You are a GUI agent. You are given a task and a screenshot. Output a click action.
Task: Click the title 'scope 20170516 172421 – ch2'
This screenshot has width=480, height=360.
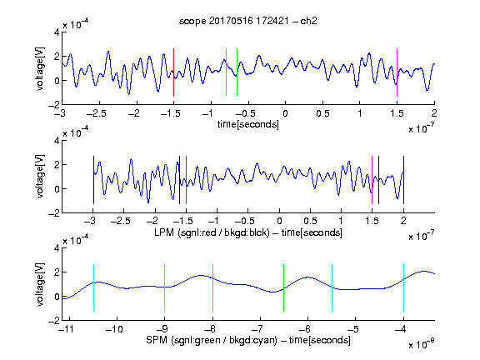pyautogui.click(x=248, y=21)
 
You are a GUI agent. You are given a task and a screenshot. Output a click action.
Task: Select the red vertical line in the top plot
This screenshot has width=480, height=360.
pyautogui.click(x=173, y=72)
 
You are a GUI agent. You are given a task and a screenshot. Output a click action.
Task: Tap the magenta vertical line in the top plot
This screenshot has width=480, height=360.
pyautogui.click(x=397, y=72)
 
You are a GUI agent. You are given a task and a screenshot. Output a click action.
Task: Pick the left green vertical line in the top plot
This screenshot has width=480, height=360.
pyautogui.click(x=226, y=72)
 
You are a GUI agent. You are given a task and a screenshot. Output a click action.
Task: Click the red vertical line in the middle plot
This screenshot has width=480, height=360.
pyautogui.click(x=186, y=180)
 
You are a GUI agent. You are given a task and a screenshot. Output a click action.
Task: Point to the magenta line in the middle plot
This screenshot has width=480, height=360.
pyautogui.click(x=372, y=180)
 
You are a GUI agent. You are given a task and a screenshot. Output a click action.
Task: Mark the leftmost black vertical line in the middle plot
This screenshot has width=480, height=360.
pyautogui.click(x=93, y=180)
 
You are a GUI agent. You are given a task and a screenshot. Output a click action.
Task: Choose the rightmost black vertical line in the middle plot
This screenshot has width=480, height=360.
pyautogui.click(x=403, y=180)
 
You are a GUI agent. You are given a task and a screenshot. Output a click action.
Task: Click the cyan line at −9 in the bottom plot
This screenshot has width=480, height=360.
pyautogui.click(x=164, y=287)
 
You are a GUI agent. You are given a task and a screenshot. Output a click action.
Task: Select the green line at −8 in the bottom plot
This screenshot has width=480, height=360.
pyautogui.click(x=212, y=287)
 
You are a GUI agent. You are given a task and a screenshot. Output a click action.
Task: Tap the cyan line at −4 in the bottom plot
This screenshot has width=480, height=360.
pyautogui.click(x=403, y=287)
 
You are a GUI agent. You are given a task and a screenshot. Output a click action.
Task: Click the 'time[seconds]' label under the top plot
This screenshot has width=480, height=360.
pyautogui.click(x=248, y=125)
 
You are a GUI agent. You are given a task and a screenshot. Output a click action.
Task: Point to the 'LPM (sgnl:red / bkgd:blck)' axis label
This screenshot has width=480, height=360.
pyautogui.click(x=212, y=232)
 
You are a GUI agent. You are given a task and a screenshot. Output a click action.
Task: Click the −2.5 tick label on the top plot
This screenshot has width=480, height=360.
pyautogui.click(x=97, y=113)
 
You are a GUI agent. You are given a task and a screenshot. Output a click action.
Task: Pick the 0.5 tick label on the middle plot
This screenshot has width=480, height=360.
pyautogui.click(x=310, y=221)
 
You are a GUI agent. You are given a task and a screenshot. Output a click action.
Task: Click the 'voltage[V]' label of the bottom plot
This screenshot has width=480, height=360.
pyautogui.click(x=40, y=284)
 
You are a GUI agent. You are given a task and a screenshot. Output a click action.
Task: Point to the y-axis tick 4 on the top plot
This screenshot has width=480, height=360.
pyautogui.click(x=57, y=32)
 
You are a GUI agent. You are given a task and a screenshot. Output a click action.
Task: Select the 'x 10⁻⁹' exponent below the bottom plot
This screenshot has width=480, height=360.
pyautogui.click(x=422, y=344)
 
